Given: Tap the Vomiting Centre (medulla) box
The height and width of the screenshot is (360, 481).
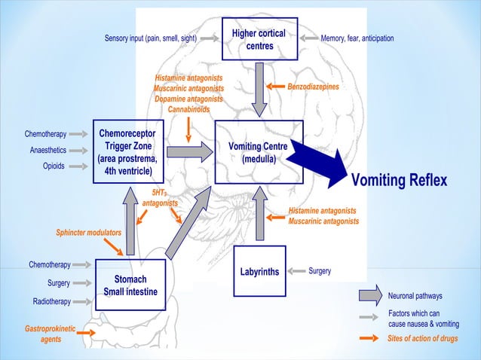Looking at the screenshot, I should [258, 152].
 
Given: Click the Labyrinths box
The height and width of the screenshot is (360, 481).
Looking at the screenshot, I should [259, 271].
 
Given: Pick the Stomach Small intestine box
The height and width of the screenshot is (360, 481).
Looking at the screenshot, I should [131, 285].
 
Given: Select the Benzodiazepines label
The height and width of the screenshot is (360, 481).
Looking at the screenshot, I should [313, 87].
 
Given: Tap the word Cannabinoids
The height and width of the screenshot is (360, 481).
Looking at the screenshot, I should [188, 109].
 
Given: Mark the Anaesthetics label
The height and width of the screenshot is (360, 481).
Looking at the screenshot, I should [47, 150].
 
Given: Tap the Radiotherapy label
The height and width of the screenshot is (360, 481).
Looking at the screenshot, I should [51, 301].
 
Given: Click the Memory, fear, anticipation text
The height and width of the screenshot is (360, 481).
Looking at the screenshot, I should [357, 38].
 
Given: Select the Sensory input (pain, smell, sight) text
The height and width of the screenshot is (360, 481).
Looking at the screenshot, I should [151, 38].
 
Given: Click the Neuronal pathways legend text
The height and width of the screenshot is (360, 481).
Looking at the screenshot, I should [415, 296].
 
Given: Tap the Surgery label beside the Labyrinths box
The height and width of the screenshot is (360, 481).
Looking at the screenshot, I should [320, 270].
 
